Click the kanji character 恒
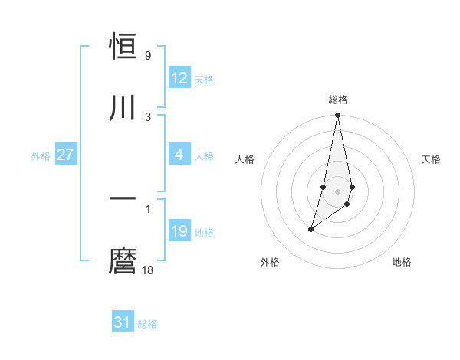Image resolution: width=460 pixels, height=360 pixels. pos(123,47)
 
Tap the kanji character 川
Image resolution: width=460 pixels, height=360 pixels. pos(123,106)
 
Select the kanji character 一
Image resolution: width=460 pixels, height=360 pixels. pos(123,198)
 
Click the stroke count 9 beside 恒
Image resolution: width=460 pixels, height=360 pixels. pos(147,56)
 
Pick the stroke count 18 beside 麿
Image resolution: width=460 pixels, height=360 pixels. pos(149,270)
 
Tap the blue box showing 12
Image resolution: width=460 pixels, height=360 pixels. pos(179,77)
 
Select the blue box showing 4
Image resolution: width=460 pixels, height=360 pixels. pos(179,155)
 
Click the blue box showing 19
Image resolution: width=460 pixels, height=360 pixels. pos(179,231)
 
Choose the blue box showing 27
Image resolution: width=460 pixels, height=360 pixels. pos(66,155)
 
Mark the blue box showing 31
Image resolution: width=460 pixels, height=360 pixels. pos(123,322)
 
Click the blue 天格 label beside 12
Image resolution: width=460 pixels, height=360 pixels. pos(203,79)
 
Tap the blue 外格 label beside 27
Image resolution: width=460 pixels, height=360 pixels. pos(41,155)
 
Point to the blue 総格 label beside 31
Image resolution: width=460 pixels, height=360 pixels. pos(147,324)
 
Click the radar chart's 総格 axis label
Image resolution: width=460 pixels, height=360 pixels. pos(338,100)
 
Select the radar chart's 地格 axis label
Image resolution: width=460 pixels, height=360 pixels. pos(402,262)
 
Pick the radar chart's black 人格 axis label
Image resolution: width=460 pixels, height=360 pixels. pos(245,159)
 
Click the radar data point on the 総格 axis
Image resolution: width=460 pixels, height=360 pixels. pos(338,116)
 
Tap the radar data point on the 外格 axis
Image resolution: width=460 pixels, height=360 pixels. pos(310,229)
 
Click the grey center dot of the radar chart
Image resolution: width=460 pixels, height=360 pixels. pos(338,191)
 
